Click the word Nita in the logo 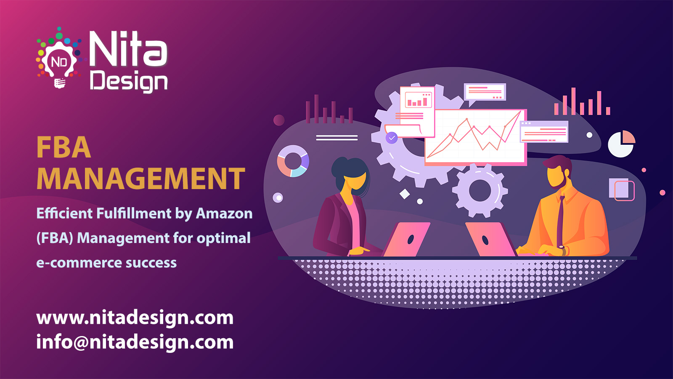(x=128, y=50)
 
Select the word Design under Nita (x=129, y=81)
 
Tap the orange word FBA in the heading (x=64, y=148)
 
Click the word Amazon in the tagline (x=224, y=214)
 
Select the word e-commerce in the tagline (x=79, y=263)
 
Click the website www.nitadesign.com (x=135, y=318)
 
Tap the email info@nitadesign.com (x=135, y=342)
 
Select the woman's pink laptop (x=406, y=240)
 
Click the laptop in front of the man (x=490, y=240)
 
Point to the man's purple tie (x=560, y=223)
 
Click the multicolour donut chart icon (x=293, y=161)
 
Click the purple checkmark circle (x=392, y=138)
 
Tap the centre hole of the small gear (x=480, y=191)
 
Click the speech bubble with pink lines (x=485, y=92)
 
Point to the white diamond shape (x=405, y=194)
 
